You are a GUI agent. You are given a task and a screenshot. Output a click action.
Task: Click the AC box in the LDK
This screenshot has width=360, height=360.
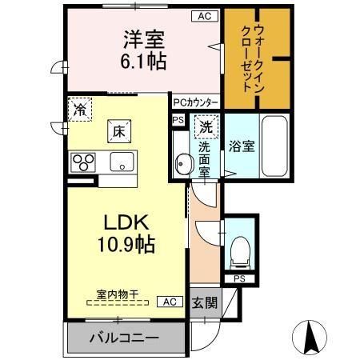[169, 302]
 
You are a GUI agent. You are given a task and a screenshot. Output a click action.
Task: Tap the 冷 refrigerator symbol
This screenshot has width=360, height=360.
[79, 110]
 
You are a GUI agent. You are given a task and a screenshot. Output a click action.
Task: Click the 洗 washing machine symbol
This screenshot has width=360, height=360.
[206, 127]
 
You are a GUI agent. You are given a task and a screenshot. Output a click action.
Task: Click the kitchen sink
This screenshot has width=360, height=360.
[125, 163]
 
